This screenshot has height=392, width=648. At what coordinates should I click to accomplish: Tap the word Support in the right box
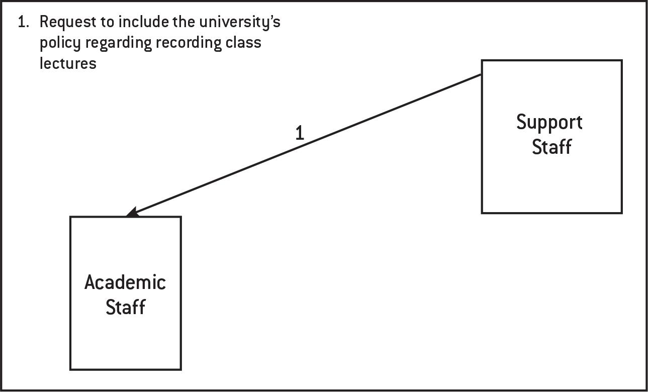click(549, 122)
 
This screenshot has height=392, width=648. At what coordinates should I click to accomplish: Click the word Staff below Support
click(551, 147)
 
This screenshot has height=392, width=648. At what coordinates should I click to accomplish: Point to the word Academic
click(125, 282)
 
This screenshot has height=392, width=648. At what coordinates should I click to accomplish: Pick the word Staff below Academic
click(125, 307)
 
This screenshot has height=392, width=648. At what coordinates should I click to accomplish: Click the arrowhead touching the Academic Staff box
click(132, 213)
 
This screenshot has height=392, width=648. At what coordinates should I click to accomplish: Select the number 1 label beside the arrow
click(300, 133)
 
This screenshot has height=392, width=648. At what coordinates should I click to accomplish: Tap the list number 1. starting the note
click(24, 22)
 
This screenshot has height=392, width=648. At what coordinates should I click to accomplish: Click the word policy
click(60, 43)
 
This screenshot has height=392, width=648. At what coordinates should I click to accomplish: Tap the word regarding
click(118, 43)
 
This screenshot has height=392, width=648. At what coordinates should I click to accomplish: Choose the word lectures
click(68, 63)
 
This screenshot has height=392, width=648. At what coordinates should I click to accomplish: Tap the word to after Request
click(110, 23)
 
